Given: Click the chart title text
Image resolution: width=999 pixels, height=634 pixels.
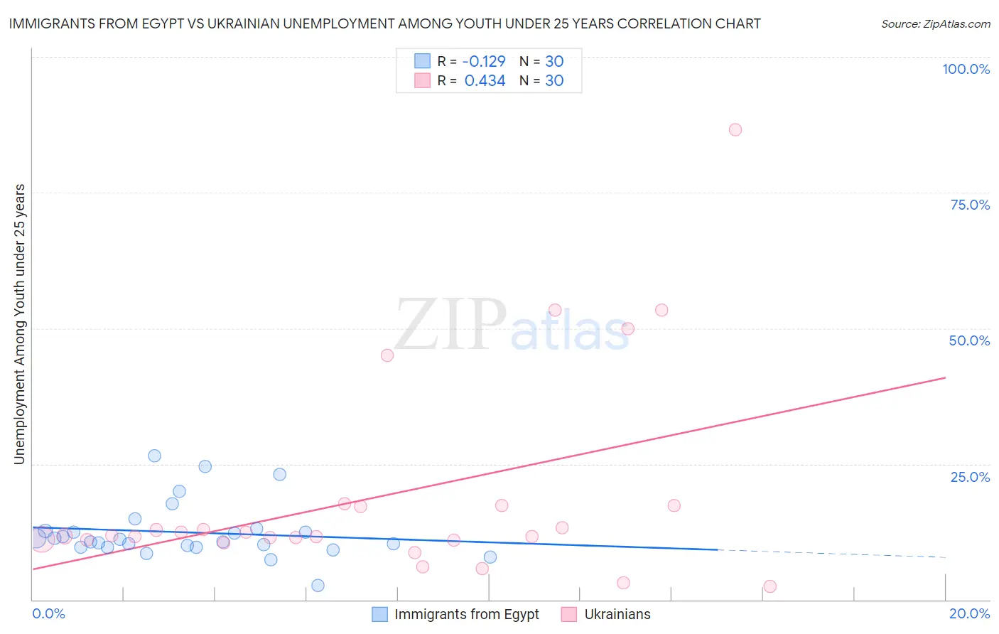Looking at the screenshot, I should click(384, 23).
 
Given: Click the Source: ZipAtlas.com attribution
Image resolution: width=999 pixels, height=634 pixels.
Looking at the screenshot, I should click(935, 23).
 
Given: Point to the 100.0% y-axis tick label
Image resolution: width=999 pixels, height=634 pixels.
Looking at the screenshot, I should click(966, 69).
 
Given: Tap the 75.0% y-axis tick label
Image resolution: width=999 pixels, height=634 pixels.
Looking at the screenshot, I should click(970, 205).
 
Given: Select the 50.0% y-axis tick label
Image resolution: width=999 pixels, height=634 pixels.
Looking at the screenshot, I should click(969, 340).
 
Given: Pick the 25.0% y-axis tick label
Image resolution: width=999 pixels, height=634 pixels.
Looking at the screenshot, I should click(970, 476).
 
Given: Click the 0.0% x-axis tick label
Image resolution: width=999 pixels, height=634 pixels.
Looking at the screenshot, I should click(48, 613).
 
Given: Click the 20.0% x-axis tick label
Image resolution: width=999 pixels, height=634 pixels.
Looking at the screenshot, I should click(969, 613).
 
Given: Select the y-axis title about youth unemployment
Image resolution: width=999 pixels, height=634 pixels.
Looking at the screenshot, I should click(19, 324).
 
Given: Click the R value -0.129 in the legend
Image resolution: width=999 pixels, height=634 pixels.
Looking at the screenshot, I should click(484, 61).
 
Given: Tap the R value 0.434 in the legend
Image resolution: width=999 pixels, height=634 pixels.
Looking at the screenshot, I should click(485, 81).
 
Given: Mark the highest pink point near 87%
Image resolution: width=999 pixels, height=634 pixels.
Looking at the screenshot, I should click(735, 129).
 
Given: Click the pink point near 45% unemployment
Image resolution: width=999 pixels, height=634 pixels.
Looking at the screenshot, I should click(387, 355).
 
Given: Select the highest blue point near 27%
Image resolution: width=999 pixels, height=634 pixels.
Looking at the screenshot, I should click(154, 456).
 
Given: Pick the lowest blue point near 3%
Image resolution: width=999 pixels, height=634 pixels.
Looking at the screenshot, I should click(318, 585).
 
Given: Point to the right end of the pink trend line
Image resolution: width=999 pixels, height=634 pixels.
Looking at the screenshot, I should click(944, 377).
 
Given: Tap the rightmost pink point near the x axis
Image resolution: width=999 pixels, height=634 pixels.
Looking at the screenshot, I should click(769, 586).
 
